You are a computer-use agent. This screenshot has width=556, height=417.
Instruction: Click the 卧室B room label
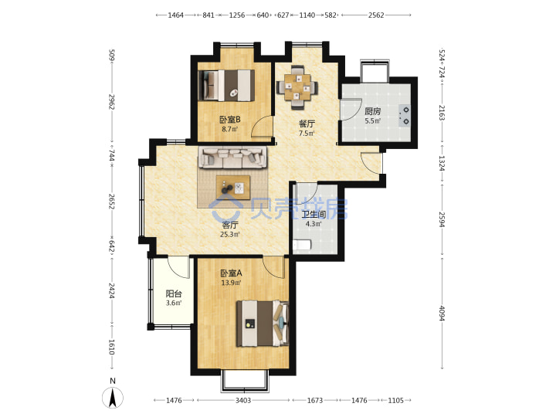tap(230, 120)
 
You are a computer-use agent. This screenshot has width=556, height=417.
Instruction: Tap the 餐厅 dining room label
tap(307, 124)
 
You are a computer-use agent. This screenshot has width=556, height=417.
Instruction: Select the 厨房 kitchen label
tap(373, 111)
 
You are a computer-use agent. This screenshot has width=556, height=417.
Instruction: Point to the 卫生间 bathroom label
tap(314, 214)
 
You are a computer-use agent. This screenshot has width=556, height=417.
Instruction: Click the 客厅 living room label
tap(230, 225)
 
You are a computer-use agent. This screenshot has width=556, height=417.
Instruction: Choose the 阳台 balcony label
tap(174, 293)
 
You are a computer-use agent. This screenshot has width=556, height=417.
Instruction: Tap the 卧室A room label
tap(231, 273)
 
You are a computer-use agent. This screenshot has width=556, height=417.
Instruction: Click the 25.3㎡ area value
tap(230, 235)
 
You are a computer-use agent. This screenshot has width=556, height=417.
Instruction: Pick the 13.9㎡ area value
tap(231, 283)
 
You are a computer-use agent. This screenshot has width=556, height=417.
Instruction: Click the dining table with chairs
tap(297, 86)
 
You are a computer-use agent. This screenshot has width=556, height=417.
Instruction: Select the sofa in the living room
tap(232, 157)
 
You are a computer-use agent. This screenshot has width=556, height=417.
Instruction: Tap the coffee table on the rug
tap(233, 188)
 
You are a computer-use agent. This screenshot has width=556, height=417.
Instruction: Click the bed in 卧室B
tap(226, 86)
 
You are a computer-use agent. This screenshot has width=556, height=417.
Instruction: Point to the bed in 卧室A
tap(263, 324)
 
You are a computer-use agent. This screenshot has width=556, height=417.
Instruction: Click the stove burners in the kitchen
tap(404, 116)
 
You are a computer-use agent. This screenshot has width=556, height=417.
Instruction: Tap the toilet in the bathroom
tap(302, 245)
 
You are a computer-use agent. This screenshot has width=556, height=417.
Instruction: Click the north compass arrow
tap(113, 398)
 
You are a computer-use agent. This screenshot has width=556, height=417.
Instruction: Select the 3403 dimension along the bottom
tap(243, 400)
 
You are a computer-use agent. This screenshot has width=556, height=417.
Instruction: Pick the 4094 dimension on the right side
tap(442, 313)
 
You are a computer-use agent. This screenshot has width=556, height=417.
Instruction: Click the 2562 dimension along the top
tap(376, 15)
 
